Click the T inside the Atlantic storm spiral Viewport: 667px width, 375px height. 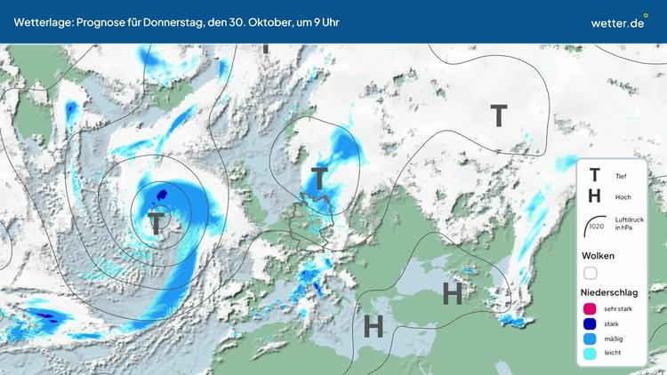[157, 222]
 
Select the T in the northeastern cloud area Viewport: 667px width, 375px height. [499, 116]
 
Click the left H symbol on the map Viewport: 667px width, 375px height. [374, 326]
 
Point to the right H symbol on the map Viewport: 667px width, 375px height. [453, 293]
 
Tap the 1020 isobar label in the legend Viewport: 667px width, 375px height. [596, 226]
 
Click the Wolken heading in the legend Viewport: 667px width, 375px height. [598, 256]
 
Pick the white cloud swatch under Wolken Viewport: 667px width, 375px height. [591, 273]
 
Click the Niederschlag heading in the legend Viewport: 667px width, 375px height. [608, 292]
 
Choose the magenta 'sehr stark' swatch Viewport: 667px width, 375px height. [590, 308]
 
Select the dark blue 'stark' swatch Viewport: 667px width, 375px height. [590, 323]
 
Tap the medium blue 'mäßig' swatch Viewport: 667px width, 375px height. [590, 339]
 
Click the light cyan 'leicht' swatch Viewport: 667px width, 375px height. [590, 354]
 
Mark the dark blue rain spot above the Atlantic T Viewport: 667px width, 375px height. [161, 194]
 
